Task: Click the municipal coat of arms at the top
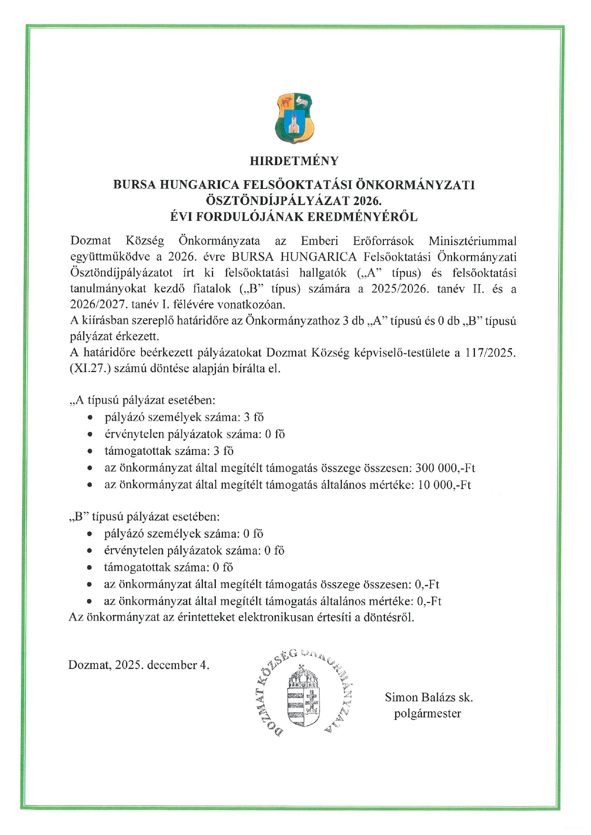(x=294, y=118)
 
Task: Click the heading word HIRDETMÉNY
(x=294, y=161)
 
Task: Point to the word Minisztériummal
(x=472, y=241)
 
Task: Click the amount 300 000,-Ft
(x=445, y=468)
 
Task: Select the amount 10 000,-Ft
(x=444, y=485)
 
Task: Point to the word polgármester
(x=428, y=714)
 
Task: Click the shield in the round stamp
(x=303, y=698)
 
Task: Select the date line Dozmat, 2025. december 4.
(x=139, y=665)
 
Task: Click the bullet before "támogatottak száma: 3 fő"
(x=90, y=452)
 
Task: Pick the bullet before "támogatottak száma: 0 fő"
(x=90, y=568)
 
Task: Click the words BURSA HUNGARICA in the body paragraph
(x=294, y=257)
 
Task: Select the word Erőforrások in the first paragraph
(x=383, y=241)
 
